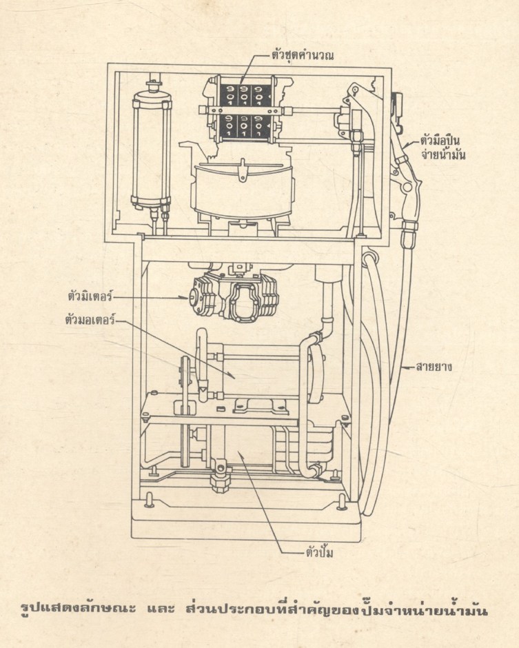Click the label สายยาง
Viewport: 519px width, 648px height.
pyautogui.click(x=434, y=367)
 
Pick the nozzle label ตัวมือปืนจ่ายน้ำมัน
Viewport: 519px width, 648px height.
pyautogui.click(x=444, y=148)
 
